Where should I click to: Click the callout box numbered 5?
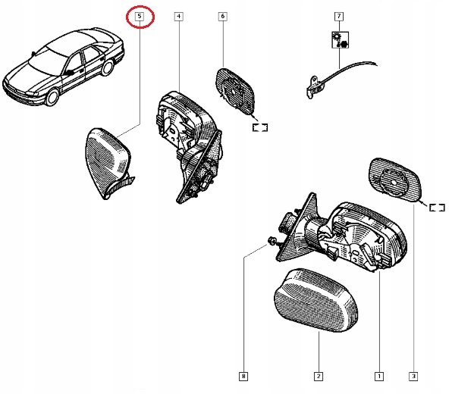pyautogui.click(x=140, y=17)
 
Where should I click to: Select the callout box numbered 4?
pyautogui.click(x=179, y=17)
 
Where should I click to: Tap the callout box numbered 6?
pyautogui.click(x=222, y=17)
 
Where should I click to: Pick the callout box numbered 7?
pyautogui.click(x=339, y=17)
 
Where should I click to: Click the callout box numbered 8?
pyautogui.click(x=243, y=376)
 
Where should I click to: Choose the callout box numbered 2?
pyautogui.click(x=319, y=376)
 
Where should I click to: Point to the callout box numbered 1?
pyautogui.click(x=379, y=376)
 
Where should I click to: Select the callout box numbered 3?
pyautogui.click(x=413, y=376)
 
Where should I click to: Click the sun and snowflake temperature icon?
pyautogui.click(x=341, y=39)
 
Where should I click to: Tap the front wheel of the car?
pyautogui.click(x=52, y=97)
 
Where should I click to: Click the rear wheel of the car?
pyautogui.click(x=107, y=67)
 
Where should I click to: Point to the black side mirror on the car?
pyautogui.click(x=68, y=73)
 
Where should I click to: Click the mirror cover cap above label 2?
pyautogui.click(x=316, y=300)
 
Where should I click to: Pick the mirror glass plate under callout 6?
pyautogui.click(x=235, y=91)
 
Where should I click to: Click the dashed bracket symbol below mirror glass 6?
pyautogui.click(x=260, y=127)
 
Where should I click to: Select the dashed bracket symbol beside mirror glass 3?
pyautogui.click(x=437, y=208)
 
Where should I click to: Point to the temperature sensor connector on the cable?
pyautogui.click(x=314, y=87)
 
